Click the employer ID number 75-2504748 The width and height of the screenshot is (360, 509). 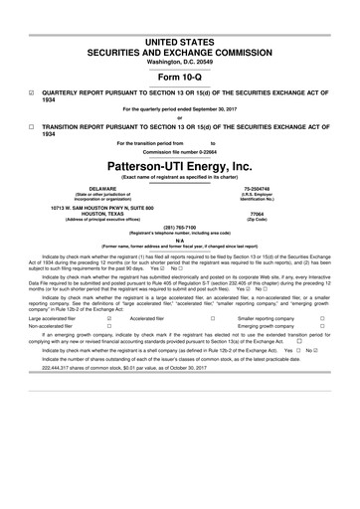tap(286, 186)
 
